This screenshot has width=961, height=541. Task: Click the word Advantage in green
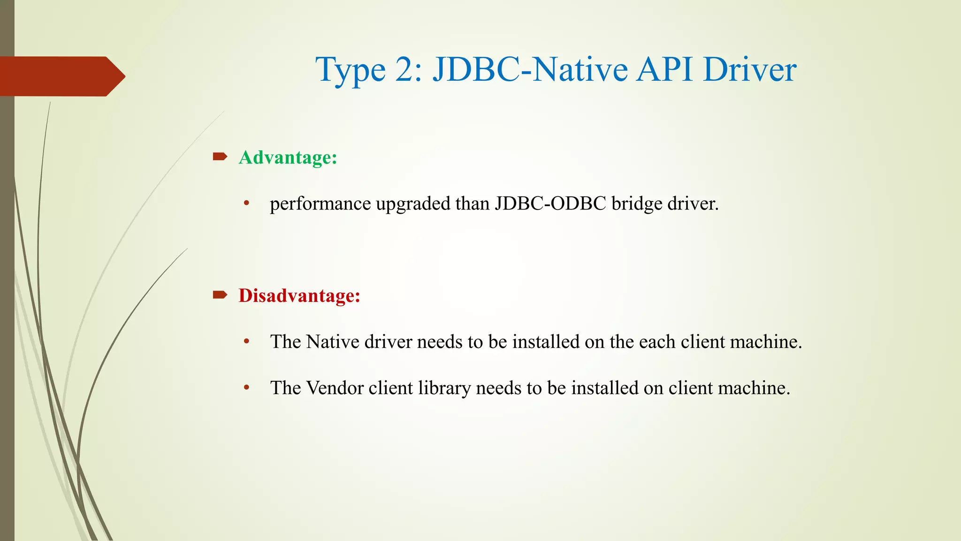[x=288, y=157]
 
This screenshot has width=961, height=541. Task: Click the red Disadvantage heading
[x=299, y=295]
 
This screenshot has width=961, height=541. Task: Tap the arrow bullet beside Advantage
[x=220, y=156]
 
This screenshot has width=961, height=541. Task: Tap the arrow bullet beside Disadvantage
[x=220, y=295]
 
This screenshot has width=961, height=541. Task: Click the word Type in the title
[x=350, y=70]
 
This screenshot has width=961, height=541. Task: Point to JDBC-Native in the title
[x=530, y=70]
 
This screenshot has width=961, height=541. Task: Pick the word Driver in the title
[x=749, y=70]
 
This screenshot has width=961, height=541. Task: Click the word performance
[x=320, y=204]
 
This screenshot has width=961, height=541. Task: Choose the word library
[x=444, y=388]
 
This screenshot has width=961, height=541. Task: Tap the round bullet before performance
[x=246, y=204]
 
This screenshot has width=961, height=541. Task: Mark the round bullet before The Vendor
[x=246, y=388]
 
